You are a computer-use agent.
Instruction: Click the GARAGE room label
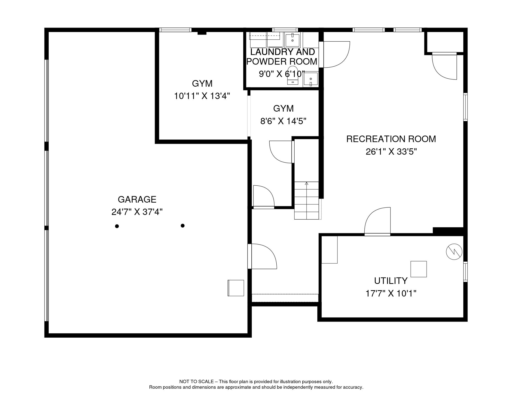click(137, 200)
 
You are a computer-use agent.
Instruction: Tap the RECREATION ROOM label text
click(391, 139)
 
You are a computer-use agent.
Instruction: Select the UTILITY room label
click(391, 281)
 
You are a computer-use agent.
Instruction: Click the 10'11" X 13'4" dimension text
click(202, 96)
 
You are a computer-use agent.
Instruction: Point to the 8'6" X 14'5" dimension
click(283, 121)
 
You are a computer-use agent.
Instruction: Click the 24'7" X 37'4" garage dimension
click(137, 212)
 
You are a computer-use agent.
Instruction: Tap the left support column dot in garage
click(117, 226)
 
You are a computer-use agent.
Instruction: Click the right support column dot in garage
click(183, 226)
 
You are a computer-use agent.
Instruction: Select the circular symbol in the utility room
click(454, 252)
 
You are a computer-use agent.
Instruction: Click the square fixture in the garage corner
click(236, 288)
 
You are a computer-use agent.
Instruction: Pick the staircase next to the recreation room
click(306, 201)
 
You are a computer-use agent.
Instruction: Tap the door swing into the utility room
click(377, 221)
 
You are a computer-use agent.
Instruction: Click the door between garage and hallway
click(262, 256)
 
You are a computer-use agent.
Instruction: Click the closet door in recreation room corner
click(444, 66)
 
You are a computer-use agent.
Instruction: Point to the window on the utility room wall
click(465, 272)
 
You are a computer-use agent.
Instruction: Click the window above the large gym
click(175, 30)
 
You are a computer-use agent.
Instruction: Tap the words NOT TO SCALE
click(197, 382)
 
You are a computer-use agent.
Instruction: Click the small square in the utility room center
click(419, 269)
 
